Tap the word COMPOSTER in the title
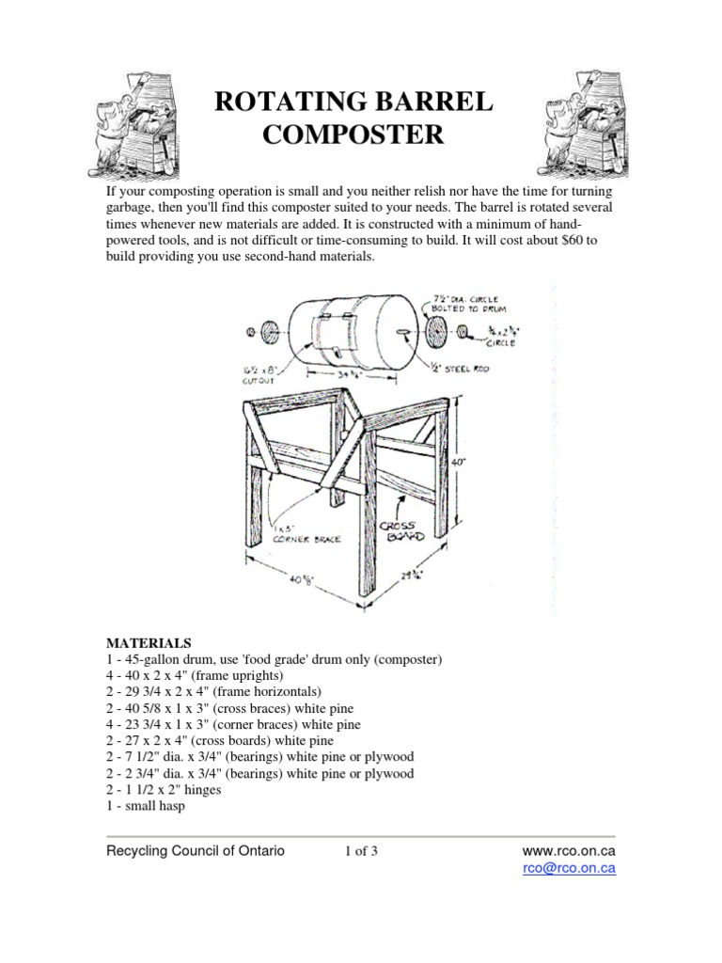pyautogui.click(x=353, y=135)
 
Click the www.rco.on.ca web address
pyautogui.click(x=569, y=851)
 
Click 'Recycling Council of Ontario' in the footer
pyautogui.click(x=195, y=851)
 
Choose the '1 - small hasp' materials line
pyautogui.click(x=146, y=806)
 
